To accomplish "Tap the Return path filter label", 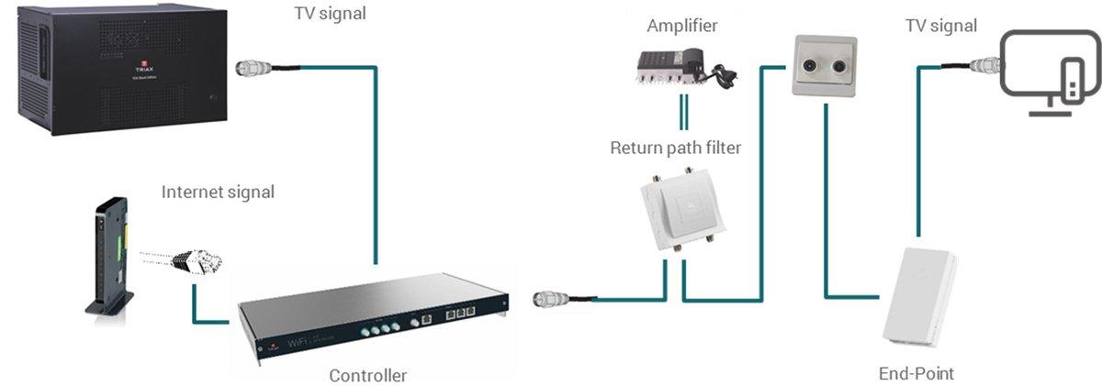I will [x=675, y=148].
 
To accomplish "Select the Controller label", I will [x=367, y=374].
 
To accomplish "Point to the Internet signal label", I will [x=218, y=192].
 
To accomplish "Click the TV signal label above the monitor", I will [x=940, y=27].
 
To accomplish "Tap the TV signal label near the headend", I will [x=328, y=14].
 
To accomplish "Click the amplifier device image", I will [x=670, y=67].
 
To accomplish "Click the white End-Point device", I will [x=920, y=292].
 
